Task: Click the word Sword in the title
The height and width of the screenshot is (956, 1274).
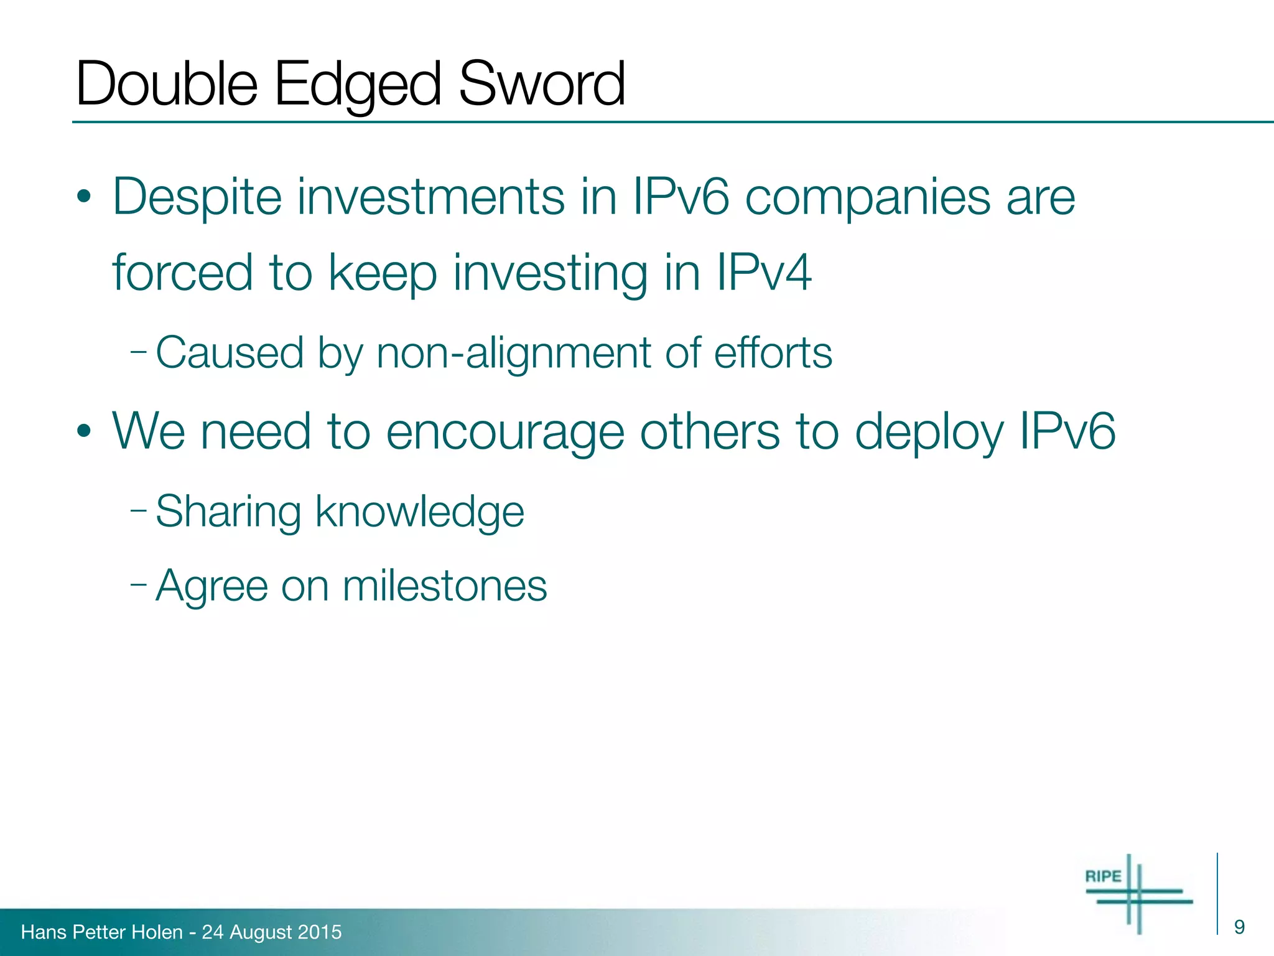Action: pos(541,84)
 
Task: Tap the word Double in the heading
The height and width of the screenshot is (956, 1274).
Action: pos(166,84)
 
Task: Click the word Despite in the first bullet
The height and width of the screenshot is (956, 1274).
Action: pos(197,198)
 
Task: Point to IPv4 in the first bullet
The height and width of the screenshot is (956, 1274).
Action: pos(763,273)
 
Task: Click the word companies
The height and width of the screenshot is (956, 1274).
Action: pos(867,198)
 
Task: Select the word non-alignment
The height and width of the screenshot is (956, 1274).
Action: pos(514,353)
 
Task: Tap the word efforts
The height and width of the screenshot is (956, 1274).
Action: pos(773,353)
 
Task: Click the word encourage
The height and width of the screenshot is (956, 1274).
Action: pos(504,432)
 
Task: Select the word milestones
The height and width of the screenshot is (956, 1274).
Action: pos(445,586)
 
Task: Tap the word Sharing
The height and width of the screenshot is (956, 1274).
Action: pos(228,512)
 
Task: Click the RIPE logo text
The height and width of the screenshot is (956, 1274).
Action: pos(1103,876)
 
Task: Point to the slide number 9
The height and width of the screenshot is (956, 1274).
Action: pos(1239,927)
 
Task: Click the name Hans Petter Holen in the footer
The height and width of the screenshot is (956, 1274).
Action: pos(101,932)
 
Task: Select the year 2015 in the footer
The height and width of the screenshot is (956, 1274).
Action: pos(320,932)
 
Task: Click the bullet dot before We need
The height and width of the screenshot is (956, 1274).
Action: pos(85,432)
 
